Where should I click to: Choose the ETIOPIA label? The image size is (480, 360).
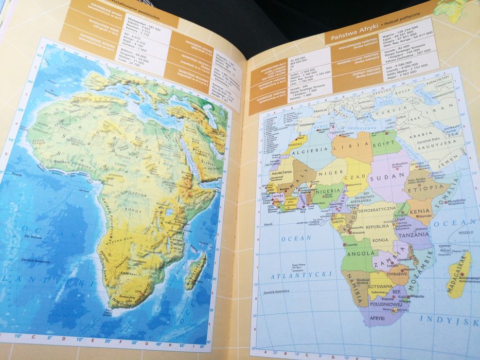(424, 188)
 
